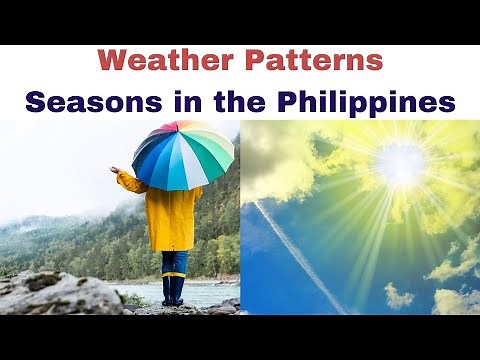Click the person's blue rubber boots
[174, 290]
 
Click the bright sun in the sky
[400, 166]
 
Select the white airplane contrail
[300, 255]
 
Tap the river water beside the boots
[215, 294]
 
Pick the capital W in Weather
[113, 60]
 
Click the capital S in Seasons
[36, 101]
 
